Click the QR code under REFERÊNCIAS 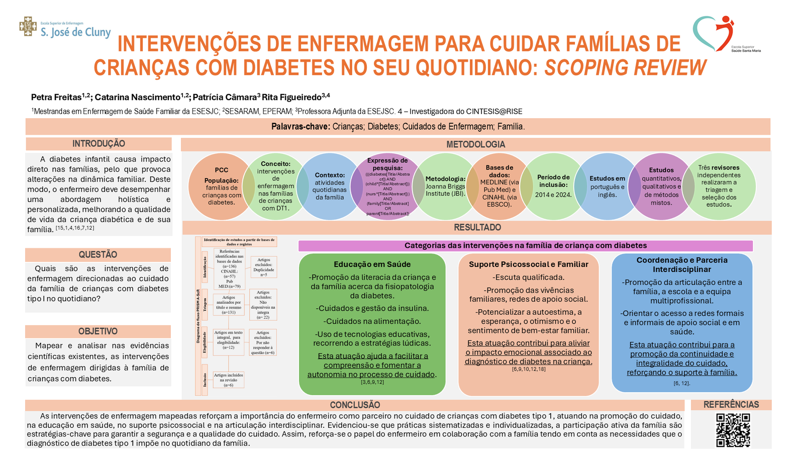(733, 430)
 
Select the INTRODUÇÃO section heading (98, 144)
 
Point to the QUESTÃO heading (98, 254)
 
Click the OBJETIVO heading (98, 331)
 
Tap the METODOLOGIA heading (475, 144)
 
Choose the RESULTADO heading (477, 227)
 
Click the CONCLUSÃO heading (355, 405)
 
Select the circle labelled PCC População (221, 187)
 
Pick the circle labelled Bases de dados (499, 186)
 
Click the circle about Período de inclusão (553, 186)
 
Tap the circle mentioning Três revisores (719, 186)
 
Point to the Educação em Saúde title (372, 264)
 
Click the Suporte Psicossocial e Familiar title (528, 264)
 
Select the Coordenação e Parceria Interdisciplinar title (681, 264)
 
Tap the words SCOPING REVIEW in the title (625, 68)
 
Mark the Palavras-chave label (300, 126)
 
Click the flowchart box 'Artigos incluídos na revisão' (228, 380)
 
